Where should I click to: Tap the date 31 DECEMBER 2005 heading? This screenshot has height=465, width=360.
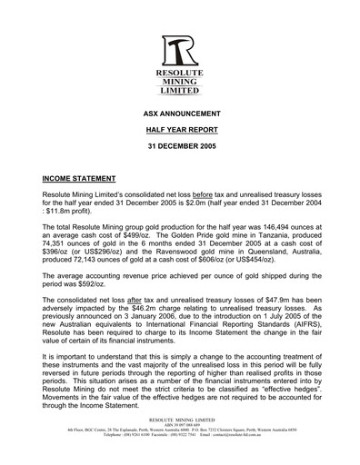coord(179,150)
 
